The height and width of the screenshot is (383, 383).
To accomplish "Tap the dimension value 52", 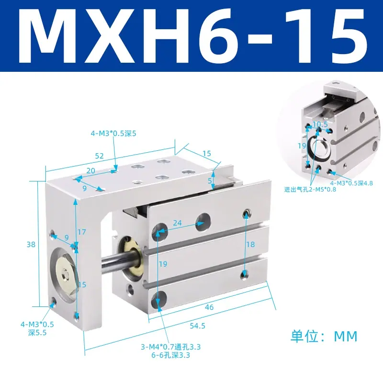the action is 100,156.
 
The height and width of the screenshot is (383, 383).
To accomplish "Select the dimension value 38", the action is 31,244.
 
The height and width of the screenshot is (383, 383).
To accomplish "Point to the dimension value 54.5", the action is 197,326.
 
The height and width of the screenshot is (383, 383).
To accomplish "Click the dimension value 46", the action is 209,307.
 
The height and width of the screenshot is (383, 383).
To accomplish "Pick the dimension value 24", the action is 177,223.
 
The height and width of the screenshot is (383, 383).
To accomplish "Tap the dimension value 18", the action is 250,244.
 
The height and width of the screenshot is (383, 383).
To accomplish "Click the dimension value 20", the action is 90,170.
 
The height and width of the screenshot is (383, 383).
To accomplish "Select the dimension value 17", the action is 82,232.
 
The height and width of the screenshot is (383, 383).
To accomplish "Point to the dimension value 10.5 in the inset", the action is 320,124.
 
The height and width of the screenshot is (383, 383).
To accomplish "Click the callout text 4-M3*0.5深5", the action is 113,134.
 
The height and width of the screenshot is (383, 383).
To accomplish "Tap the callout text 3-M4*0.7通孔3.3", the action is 171,347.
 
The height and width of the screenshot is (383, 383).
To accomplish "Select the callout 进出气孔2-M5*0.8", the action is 310,189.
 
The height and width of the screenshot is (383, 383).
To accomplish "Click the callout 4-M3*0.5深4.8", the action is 351,183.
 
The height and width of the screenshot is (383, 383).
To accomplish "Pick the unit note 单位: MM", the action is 324,336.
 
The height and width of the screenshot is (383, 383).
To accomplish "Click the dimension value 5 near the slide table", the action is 210,181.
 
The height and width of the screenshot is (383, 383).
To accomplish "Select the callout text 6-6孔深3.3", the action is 171,355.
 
